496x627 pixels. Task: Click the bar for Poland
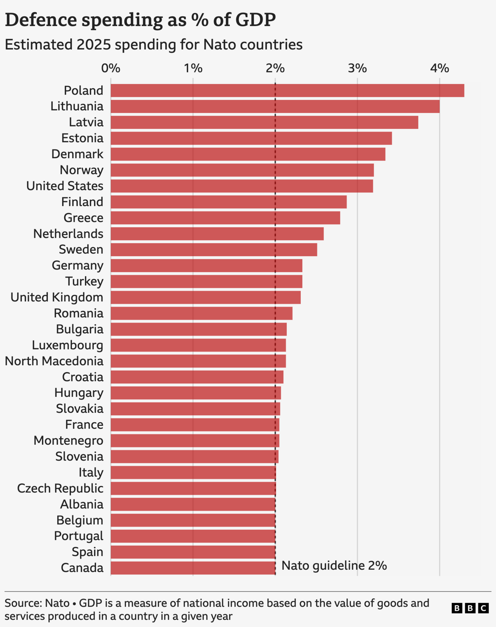click(x=287, y=90)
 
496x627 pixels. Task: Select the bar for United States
click(x=242, y=186)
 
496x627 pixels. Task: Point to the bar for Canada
click(x=193, y=568)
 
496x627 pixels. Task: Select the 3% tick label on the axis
click(x=357, y=68)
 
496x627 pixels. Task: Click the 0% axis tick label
click(x=111, y=68)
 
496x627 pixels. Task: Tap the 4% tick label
click(x=439, y=68)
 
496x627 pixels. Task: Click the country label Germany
click(x=77, y=266)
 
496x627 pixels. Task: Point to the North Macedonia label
click(x=54, y=361)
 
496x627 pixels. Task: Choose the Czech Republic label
click(x=60, y=488)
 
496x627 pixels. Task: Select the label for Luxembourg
click(x=67, y=345)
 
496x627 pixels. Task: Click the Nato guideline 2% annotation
click(x=334, y=566)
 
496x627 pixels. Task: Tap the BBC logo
click(x=470, y=608)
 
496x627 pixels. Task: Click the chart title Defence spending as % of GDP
click(x=140, y=20)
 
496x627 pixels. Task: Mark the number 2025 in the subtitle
click(x=94, y=45)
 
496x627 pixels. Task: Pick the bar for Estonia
click(x=251, y=138)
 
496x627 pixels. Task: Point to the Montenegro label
click(x=68, y=441)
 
